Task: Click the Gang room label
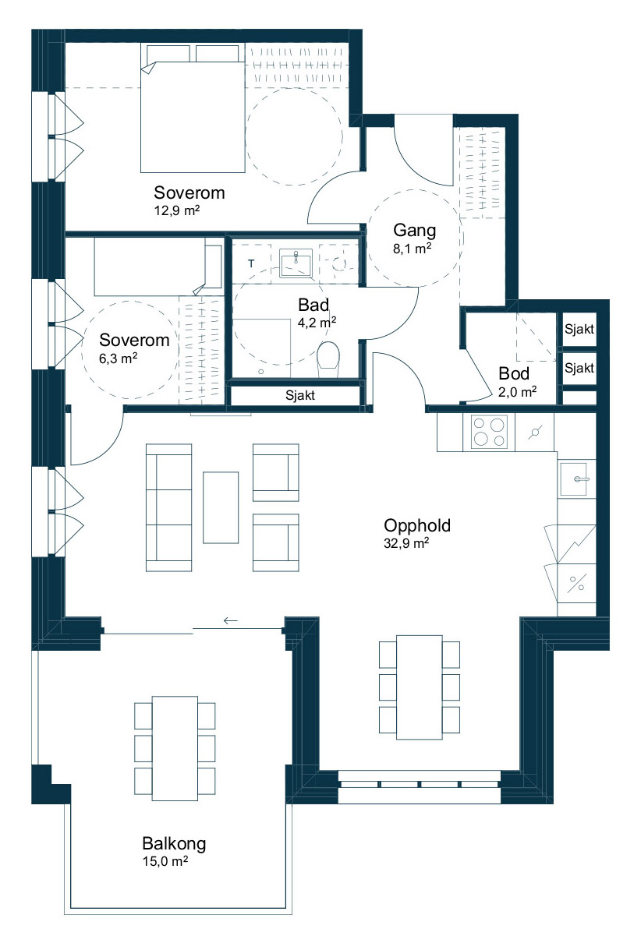pos(414,231)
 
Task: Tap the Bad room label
pos(313,305)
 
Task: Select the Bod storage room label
pos(514,373)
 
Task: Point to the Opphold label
pos(417,525)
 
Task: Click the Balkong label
pos(174,844)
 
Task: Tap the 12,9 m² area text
pos(177,210)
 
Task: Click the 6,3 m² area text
pos(119,358)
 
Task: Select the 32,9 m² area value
pos(406,543)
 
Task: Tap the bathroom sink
pos(296,263)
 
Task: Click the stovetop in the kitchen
pos(488,432)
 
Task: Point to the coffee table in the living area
pos(221,507)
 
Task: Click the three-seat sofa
pos(168,507)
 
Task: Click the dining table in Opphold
pos(419,687)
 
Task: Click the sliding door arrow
pos(231,620)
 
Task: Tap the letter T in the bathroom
pos(251,263)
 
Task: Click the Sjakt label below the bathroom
pos(300,395)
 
